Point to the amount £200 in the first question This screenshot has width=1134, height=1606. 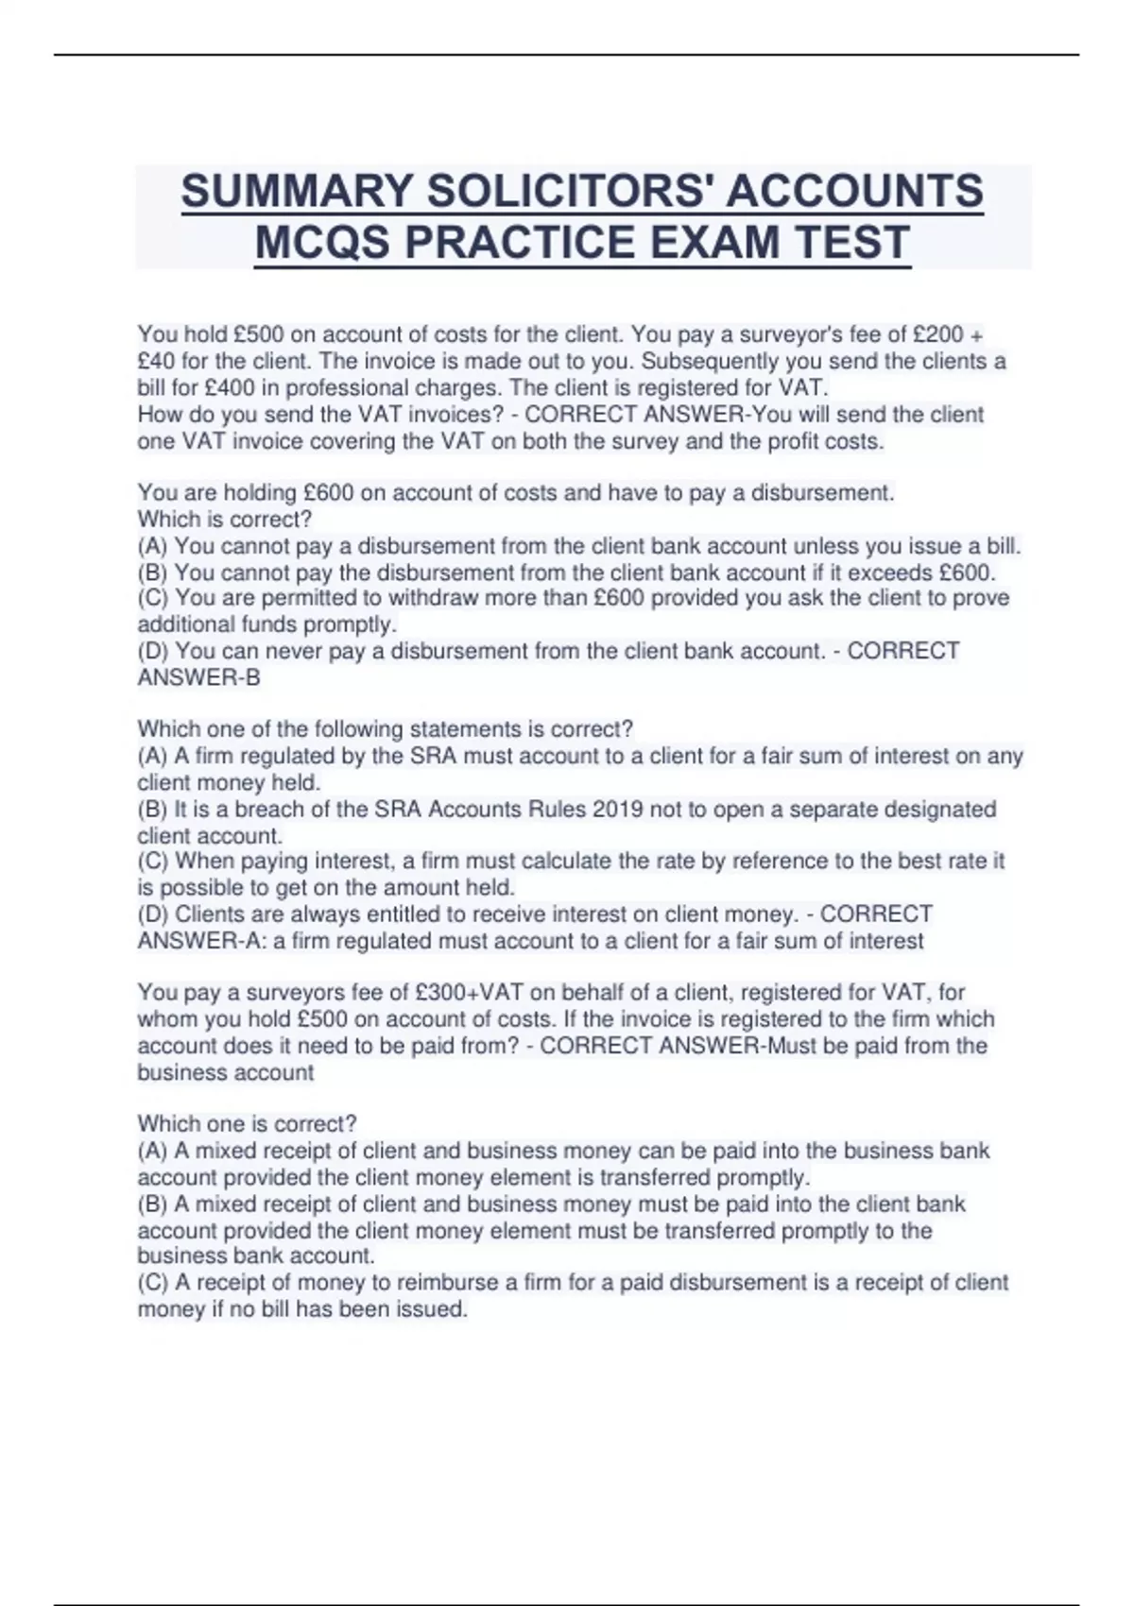click(936, 334)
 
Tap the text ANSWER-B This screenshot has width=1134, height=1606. click(198, 677)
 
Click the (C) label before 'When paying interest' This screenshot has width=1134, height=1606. click(153, 862)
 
